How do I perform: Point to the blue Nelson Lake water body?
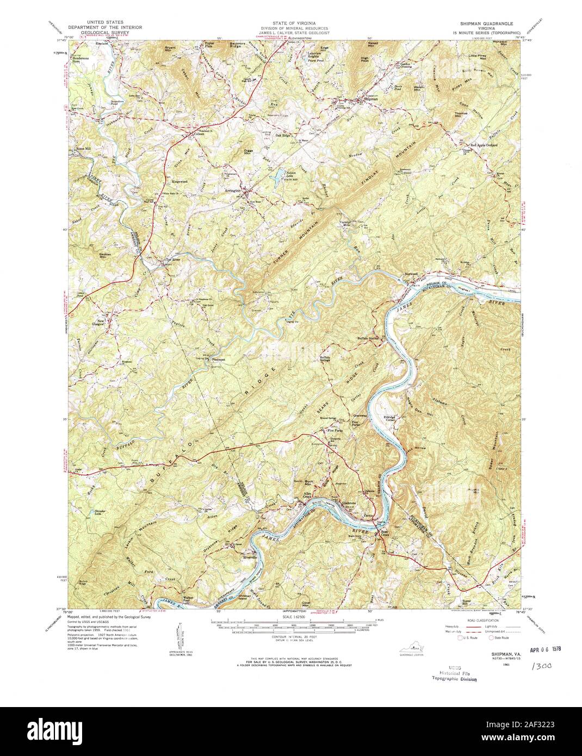pyautogui.click(x=278, y=175)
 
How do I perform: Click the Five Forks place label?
pyautogui.click(x=335, y=431)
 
